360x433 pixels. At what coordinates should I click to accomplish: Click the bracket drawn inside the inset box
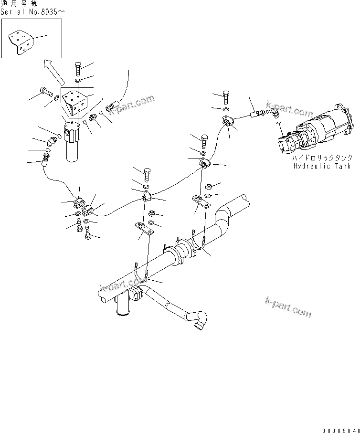point(21,42)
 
